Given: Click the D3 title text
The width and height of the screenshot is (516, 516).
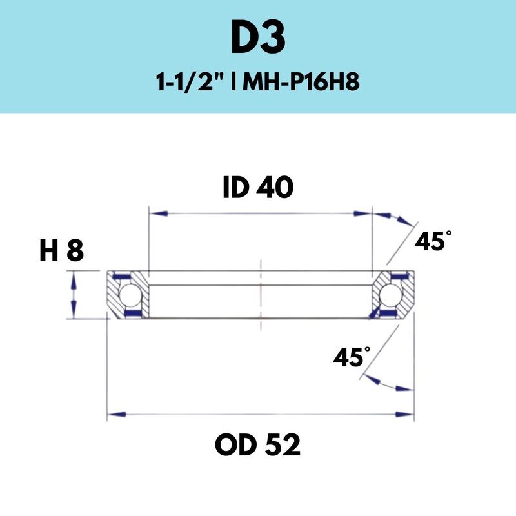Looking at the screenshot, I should point(258,39).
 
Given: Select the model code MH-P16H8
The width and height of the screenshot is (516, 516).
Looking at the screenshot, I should point(301,84).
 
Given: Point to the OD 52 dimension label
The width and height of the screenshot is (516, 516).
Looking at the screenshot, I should point(258,444).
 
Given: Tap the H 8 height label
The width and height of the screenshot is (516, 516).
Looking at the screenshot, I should point(61,251).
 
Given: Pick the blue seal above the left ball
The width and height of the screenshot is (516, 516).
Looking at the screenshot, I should point(123,276).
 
